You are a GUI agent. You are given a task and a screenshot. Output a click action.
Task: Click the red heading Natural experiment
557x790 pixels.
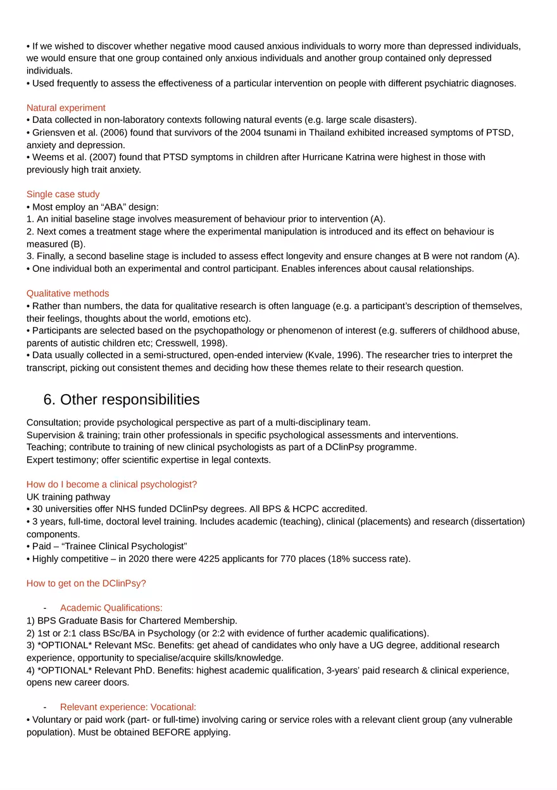66,108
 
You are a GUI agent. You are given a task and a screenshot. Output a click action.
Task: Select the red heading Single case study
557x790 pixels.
63,194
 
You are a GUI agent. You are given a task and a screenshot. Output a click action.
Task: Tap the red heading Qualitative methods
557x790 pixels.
68,293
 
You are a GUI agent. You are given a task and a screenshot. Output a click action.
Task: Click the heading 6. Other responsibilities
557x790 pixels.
121,400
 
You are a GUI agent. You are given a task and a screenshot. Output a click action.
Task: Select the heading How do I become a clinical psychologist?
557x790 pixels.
112,485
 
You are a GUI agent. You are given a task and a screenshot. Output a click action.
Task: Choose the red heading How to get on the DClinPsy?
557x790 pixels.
86,583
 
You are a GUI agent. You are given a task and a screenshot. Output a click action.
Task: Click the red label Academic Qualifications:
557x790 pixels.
111,608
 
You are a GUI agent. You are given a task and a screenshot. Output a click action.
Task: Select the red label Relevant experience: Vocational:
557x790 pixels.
128,707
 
